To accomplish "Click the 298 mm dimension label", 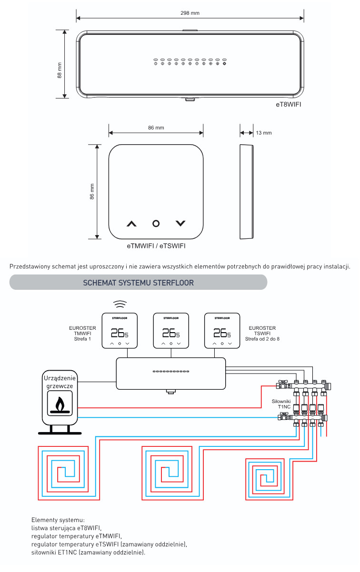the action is tap(190, 13).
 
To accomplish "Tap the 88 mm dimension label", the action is tap(60, 70).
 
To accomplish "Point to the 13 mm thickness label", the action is tap(264, 133).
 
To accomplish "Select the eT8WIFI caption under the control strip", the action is tap(289, 104).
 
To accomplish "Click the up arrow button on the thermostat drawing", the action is tap(131, 224).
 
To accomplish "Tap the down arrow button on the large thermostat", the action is tap(180, 224).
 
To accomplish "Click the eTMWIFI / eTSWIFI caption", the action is tap(156, 246).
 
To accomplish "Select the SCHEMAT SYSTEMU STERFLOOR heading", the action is tap(138, 283).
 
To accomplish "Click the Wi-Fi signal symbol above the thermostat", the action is tap(120, 304).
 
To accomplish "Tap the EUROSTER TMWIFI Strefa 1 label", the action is tap(82, 334).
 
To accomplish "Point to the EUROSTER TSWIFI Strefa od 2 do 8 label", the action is tap(262, 334).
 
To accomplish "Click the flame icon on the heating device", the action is tap(60, 404).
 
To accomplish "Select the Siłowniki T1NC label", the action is tap(281, 404).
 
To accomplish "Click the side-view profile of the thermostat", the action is tap(247, 192).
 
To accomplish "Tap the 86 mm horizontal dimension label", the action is tap(156, 128).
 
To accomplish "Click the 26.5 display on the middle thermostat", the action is tap(171, 333).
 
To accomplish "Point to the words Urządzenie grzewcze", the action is tap(60, 382).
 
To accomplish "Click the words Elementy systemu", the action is tap(58, 520).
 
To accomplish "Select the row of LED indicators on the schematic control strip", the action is tap(171, 371).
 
